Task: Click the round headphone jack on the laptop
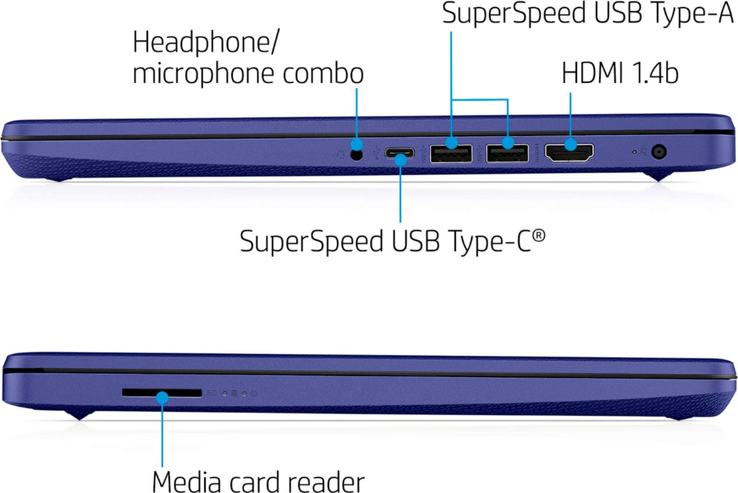click(355, 154)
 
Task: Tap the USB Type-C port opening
click(400, 154)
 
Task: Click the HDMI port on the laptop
click(569, 153)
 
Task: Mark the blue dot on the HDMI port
click(569, 145)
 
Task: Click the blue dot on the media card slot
click(162, 398)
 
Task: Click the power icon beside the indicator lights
click(253, 393)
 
